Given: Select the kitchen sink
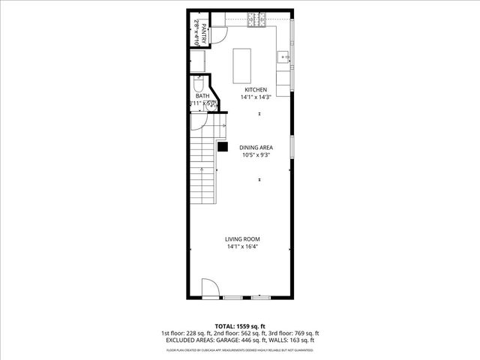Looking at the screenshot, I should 283,57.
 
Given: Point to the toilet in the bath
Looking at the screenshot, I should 209,106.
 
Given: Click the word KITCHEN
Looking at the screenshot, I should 256,90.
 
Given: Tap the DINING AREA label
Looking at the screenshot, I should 255,148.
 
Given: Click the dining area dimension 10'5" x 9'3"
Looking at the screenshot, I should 255,155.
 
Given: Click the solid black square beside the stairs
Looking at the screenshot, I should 223,147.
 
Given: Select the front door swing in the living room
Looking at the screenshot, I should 210,288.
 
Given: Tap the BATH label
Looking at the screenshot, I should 202,96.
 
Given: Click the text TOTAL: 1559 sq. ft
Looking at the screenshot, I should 240,326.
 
